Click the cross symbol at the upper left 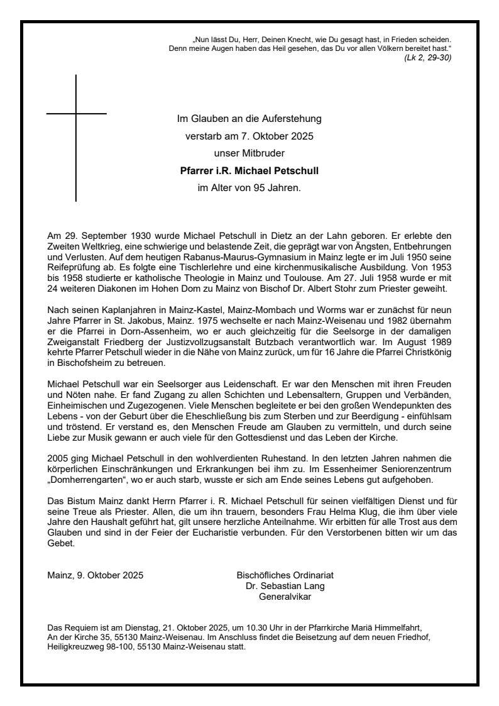[x=76, y=114]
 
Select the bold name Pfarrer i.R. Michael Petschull [x=249, y=170]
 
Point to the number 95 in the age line [x=251, y=187]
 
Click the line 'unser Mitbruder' [x=249, y=152]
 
